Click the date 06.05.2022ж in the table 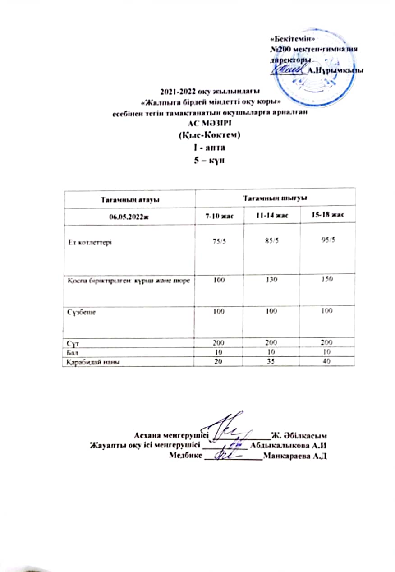[x=129, y=217]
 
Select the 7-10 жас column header [x=219, y=216]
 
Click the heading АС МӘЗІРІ [x=208, y=124]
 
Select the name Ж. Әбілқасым [x=299, y=436]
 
